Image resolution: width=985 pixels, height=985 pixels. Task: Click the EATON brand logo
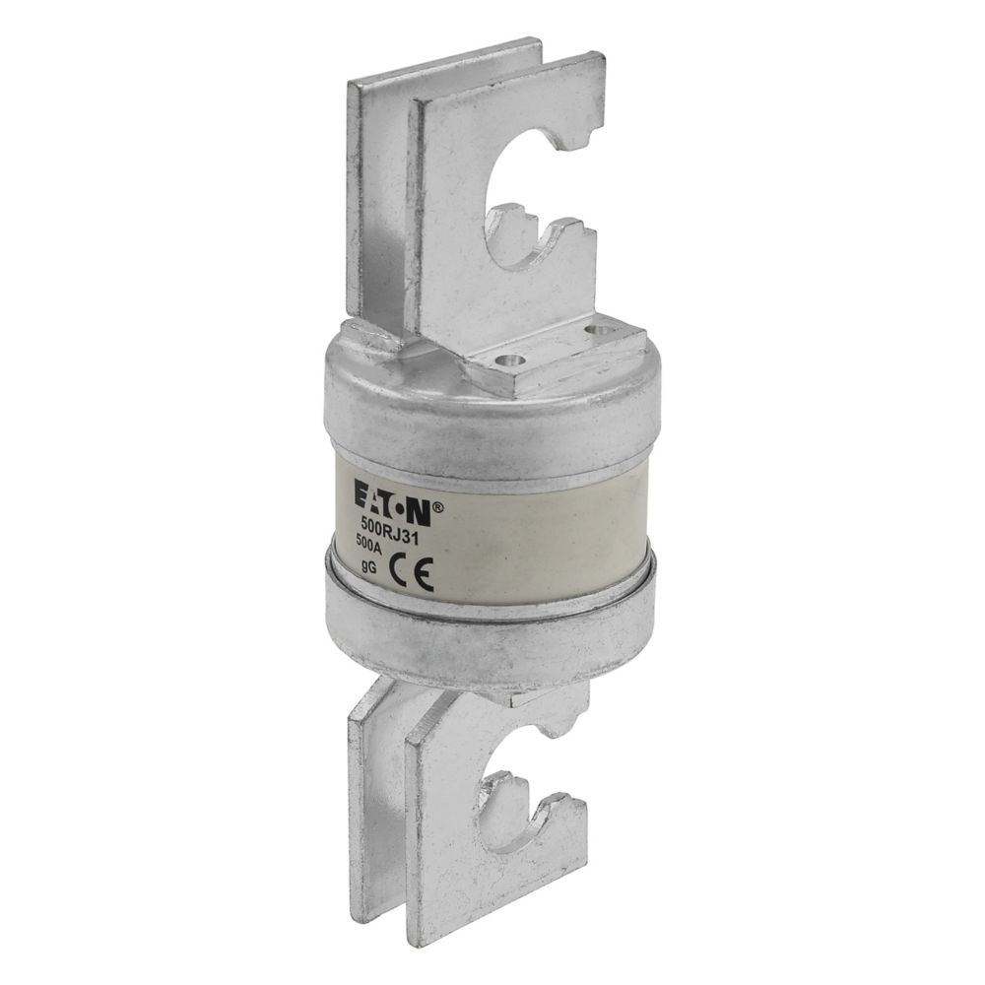393,502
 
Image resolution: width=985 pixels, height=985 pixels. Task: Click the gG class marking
369,565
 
